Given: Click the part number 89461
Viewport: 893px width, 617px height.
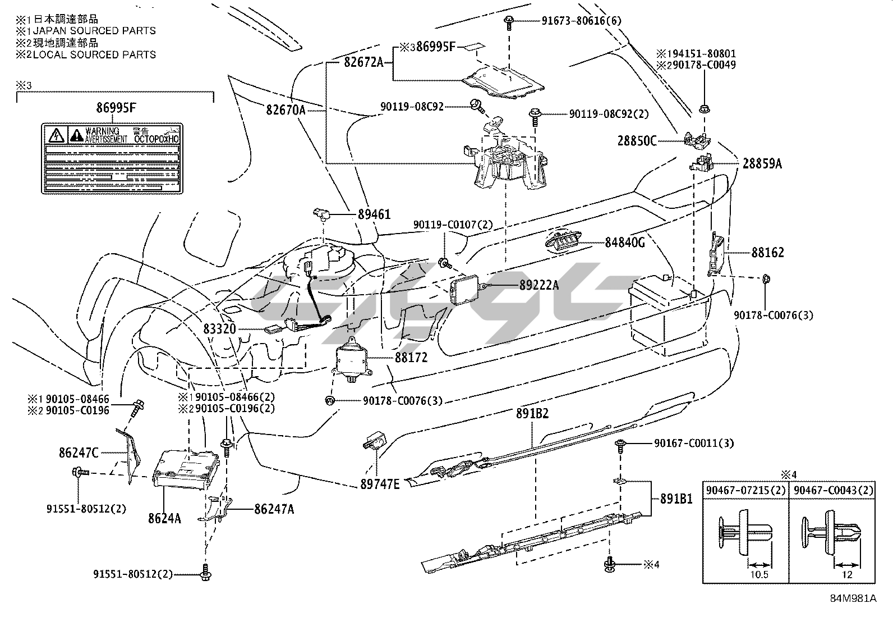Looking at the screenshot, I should pyautogui.click(x=374, y=214).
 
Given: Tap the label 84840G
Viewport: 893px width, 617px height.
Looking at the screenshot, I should pyautogui.click(x=624, y=243).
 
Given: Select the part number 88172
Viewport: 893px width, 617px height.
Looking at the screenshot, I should pyautogui.click(x=411, y=357).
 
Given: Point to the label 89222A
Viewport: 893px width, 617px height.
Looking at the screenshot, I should pyautogui.click(x=538, y=285).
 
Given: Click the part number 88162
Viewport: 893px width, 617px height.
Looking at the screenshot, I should pyautogui.click(x=767, y=253).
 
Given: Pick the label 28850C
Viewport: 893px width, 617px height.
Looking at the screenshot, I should pyautogui.click(x=637, y=140).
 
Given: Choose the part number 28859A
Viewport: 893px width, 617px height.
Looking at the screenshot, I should pyautogui.click(x=762, y=163).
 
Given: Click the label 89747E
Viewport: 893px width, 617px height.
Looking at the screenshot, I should pyautogui.click(x=379, y=483).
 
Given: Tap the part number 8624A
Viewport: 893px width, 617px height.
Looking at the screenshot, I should pyautogui.click(x=164, y=518).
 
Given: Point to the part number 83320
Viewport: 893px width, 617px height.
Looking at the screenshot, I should pyautogui.click(x=220, y=329).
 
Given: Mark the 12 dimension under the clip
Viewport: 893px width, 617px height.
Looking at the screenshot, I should pyautogui.click(x=847, y=574).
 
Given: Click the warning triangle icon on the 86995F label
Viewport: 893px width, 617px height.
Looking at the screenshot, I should pyautogui.click(x=56, y=135).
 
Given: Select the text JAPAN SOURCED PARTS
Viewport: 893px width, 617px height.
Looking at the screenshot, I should pyautogui.click(x=94, y=31).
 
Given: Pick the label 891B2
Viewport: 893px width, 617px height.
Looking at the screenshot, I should pyautogui.click(x=532, y=413).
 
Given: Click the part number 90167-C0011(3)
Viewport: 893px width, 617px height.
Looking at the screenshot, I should pyautogui.click(x=693, y=443).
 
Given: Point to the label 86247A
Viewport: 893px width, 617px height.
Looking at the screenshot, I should pyautogui.click(x=274, y=509).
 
